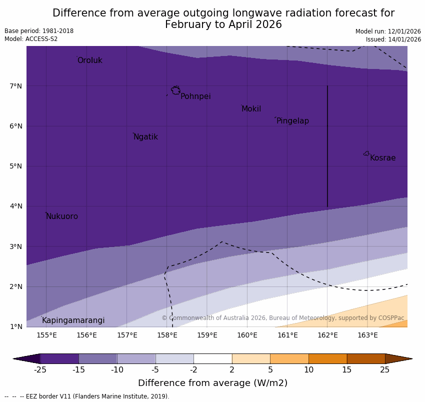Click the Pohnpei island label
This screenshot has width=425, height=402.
pos(195,96)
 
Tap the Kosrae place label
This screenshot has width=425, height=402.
pos(382,158)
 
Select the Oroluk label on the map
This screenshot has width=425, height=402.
pos(89,60)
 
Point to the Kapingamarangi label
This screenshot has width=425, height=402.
pos(73,320)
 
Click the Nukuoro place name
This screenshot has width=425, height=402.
pos(62,216)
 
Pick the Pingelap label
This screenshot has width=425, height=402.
pos(292,121)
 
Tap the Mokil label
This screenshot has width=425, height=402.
pos(251,109)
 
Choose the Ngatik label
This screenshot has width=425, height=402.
pos(145,137)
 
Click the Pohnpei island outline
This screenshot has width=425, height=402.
pos(175,90)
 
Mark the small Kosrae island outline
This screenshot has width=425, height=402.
pos(366,153)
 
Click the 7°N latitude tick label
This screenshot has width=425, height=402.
pos(16,86)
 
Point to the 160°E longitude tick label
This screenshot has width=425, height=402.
pos(247,335)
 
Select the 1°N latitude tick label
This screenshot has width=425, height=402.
pos(16,326)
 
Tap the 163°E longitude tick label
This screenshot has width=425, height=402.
pos(367,335)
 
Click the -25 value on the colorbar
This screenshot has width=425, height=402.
pos(40,370)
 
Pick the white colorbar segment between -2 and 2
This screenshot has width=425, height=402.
pos(212,358)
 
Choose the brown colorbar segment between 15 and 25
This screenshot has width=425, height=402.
pos(366,358)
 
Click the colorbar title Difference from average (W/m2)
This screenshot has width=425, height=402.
pos(212,383)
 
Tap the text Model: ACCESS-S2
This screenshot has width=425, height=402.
pos(31,39)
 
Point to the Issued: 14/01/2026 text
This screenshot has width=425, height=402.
pos(393,39)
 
